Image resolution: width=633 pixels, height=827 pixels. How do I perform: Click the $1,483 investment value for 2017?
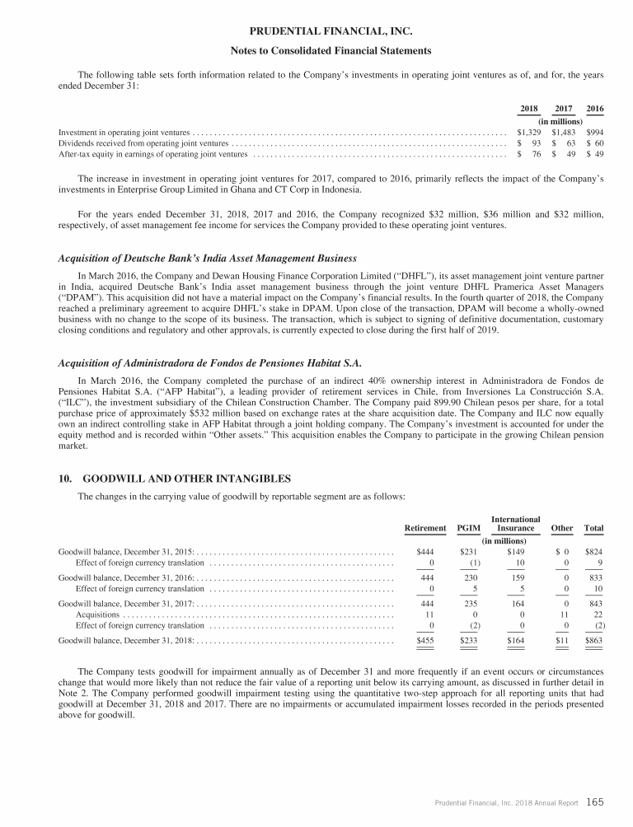click(x=565, y=132)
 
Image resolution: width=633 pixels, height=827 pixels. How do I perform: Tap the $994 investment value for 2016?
click(x=594, y=132)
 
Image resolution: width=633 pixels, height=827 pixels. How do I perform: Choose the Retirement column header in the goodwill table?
click(x=425, y=528)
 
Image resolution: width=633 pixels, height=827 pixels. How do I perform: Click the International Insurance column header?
click(x=515, y=523)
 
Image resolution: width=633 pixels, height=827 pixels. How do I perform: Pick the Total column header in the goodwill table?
click(x=593, y=528)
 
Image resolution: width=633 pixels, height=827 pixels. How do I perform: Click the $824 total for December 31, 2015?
click(x=593, y=551)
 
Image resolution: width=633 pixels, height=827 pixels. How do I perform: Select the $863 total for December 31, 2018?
click(x=593, y=639)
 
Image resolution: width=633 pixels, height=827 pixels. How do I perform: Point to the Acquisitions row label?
click(x=97, y=616)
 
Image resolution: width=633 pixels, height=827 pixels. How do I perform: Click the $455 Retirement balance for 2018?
click(x=425, y=639)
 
